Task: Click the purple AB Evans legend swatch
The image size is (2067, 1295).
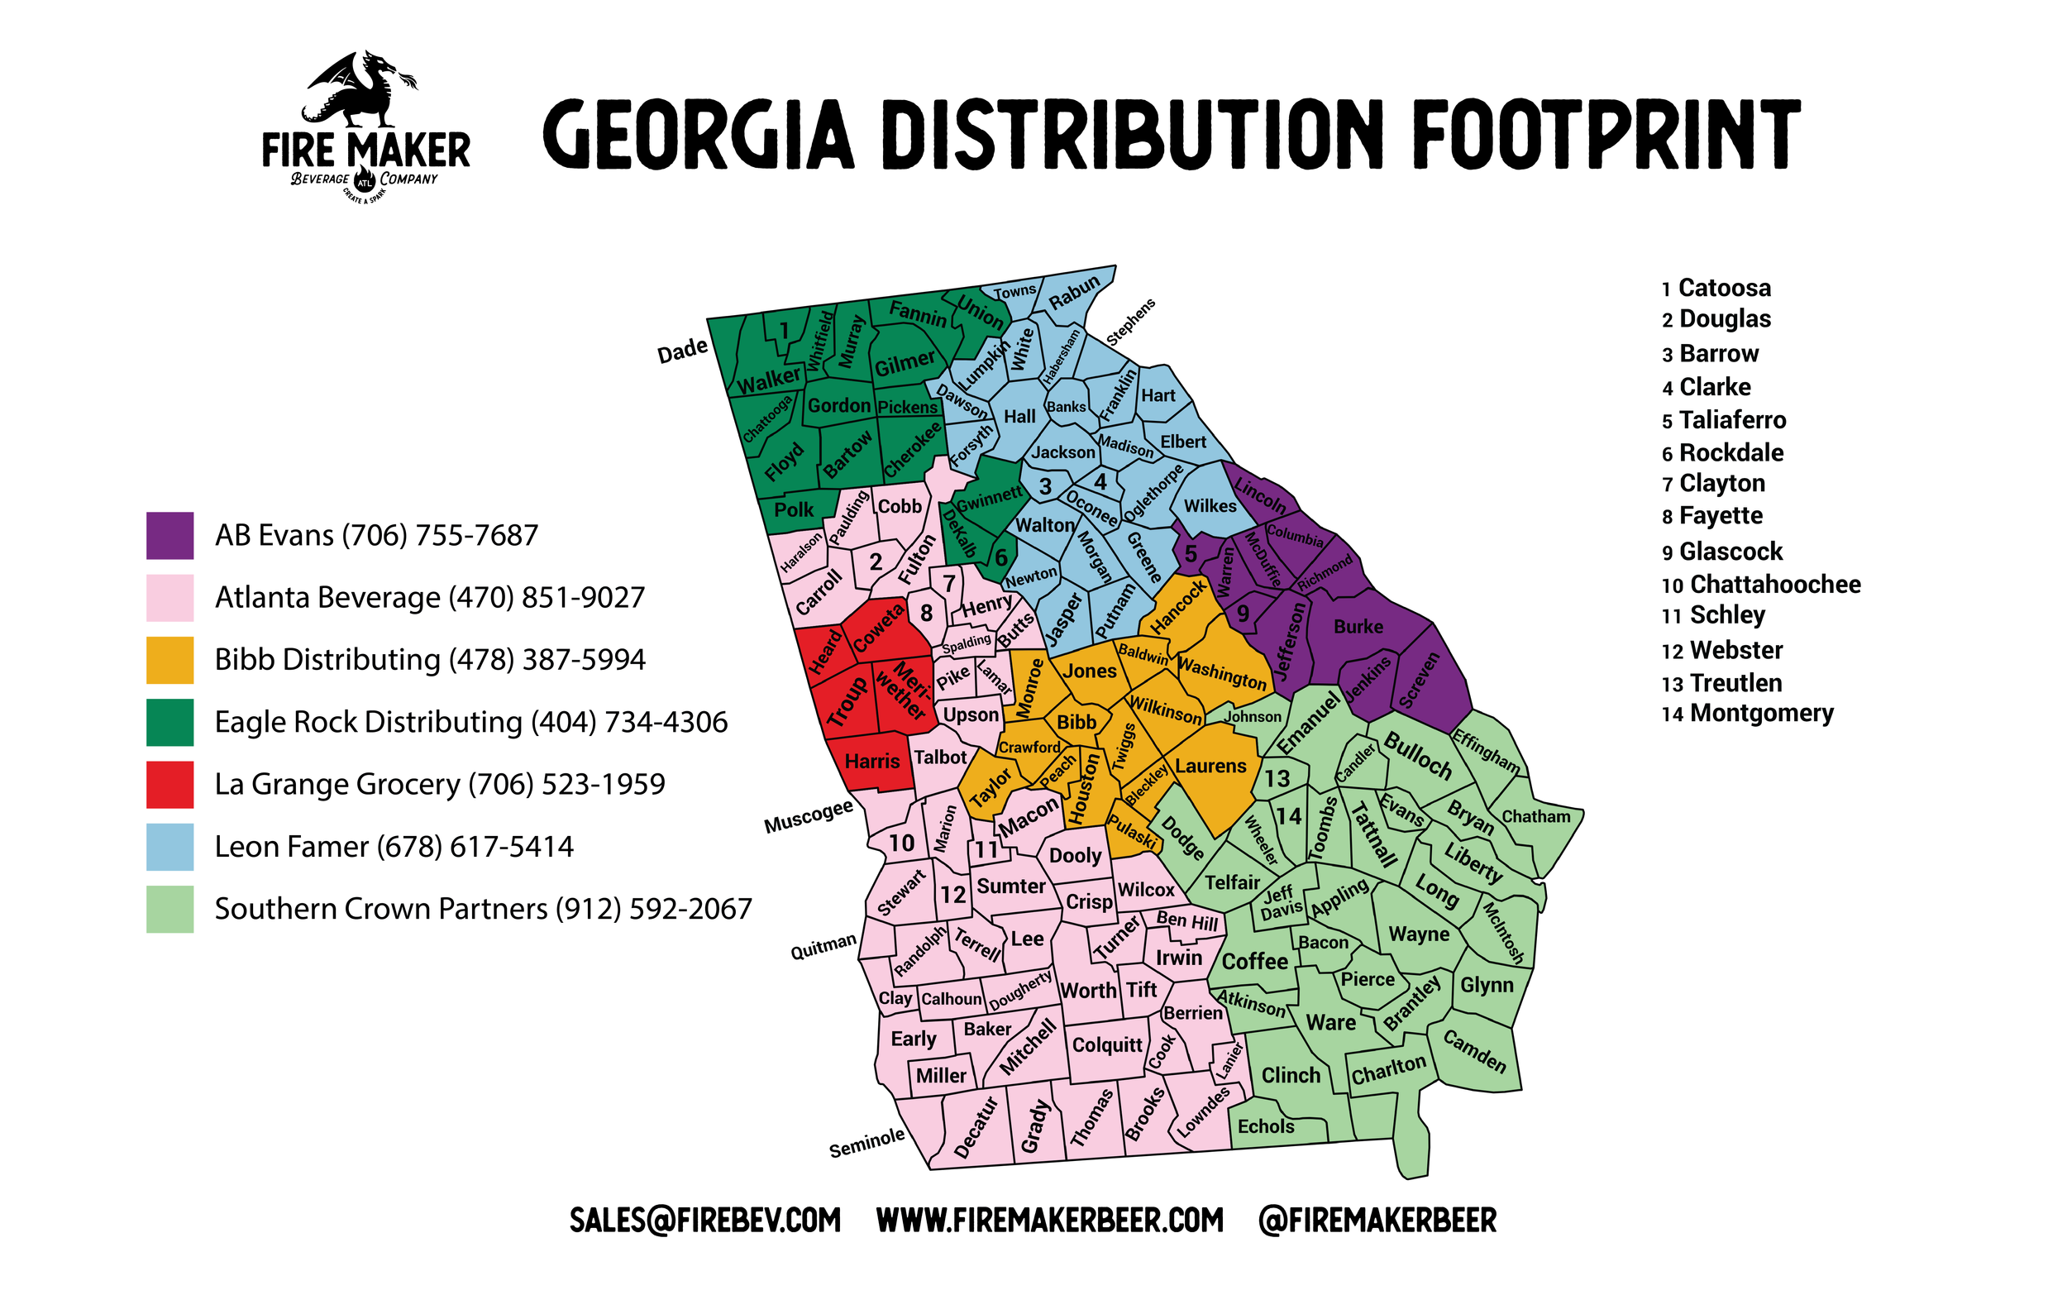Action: pyautogui.click(x=169, y=535)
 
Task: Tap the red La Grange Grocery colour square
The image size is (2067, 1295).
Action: pyautogui.click(x=169, y=785)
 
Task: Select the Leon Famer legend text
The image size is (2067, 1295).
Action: pyautogui.click(x=394, y=847)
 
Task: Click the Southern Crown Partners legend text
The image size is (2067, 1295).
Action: pyautogui.click(x=483, y=909)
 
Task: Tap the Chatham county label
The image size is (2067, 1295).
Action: pyautogui.click(x=1536, y=816)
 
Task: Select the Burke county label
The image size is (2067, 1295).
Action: pyautogui.click(x=1358, y=627)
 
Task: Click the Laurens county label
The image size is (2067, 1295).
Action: pyautogui.click(x=1210, y=766)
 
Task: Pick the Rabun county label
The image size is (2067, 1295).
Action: pyautogui.click(x=1074, y=292)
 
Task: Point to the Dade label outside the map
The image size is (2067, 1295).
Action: pyautogui.click(x=682, y=351)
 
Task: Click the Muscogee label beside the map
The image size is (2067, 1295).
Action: pyautogui.click(x=809, y=815)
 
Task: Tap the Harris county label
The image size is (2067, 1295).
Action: pyautogui.click(x=871, y=762)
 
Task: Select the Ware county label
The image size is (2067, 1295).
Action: pyautogui.click(x=1330, y=1023)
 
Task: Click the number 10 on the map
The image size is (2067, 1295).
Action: pyautogui.click(x=900, y=843)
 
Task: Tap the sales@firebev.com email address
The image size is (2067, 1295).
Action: pyautogui.click(x=704, y=1221)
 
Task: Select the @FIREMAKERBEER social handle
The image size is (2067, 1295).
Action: pyautogui.click(x=1377, y=1221)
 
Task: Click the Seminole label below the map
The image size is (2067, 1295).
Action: pyautogui.click(x=866, y=1144)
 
